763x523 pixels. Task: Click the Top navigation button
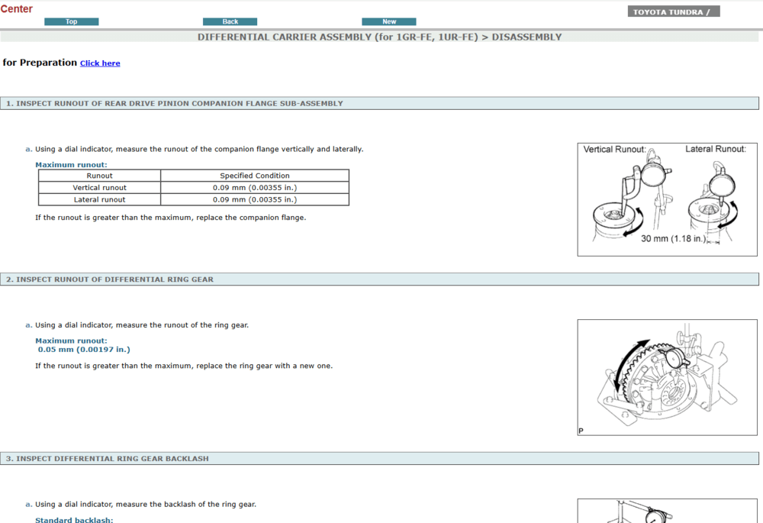click(72, 21)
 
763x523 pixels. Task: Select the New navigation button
click(389, 21)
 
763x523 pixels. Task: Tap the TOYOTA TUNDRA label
click(673, 11)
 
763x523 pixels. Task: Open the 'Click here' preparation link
click(100, 63)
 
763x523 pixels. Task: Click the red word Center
click(17, 9)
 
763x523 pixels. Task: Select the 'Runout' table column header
click(100, 176)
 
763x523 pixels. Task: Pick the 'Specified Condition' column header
click(255, 176)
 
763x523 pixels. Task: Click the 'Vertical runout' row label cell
click(100, 188)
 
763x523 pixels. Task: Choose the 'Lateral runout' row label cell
click(100, 200)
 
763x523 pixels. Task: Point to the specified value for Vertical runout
click(255, 188)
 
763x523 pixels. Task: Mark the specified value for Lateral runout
click(255, 200)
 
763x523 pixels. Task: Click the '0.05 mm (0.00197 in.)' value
click(84, 350)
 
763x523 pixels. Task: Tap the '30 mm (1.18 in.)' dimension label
click(673, 239)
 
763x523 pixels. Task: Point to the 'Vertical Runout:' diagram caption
click(614, 150)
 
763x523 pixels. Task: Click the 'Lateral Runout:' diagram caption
click(715, 149)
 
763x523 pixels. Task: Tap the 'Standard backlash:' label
click(74, 520)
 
